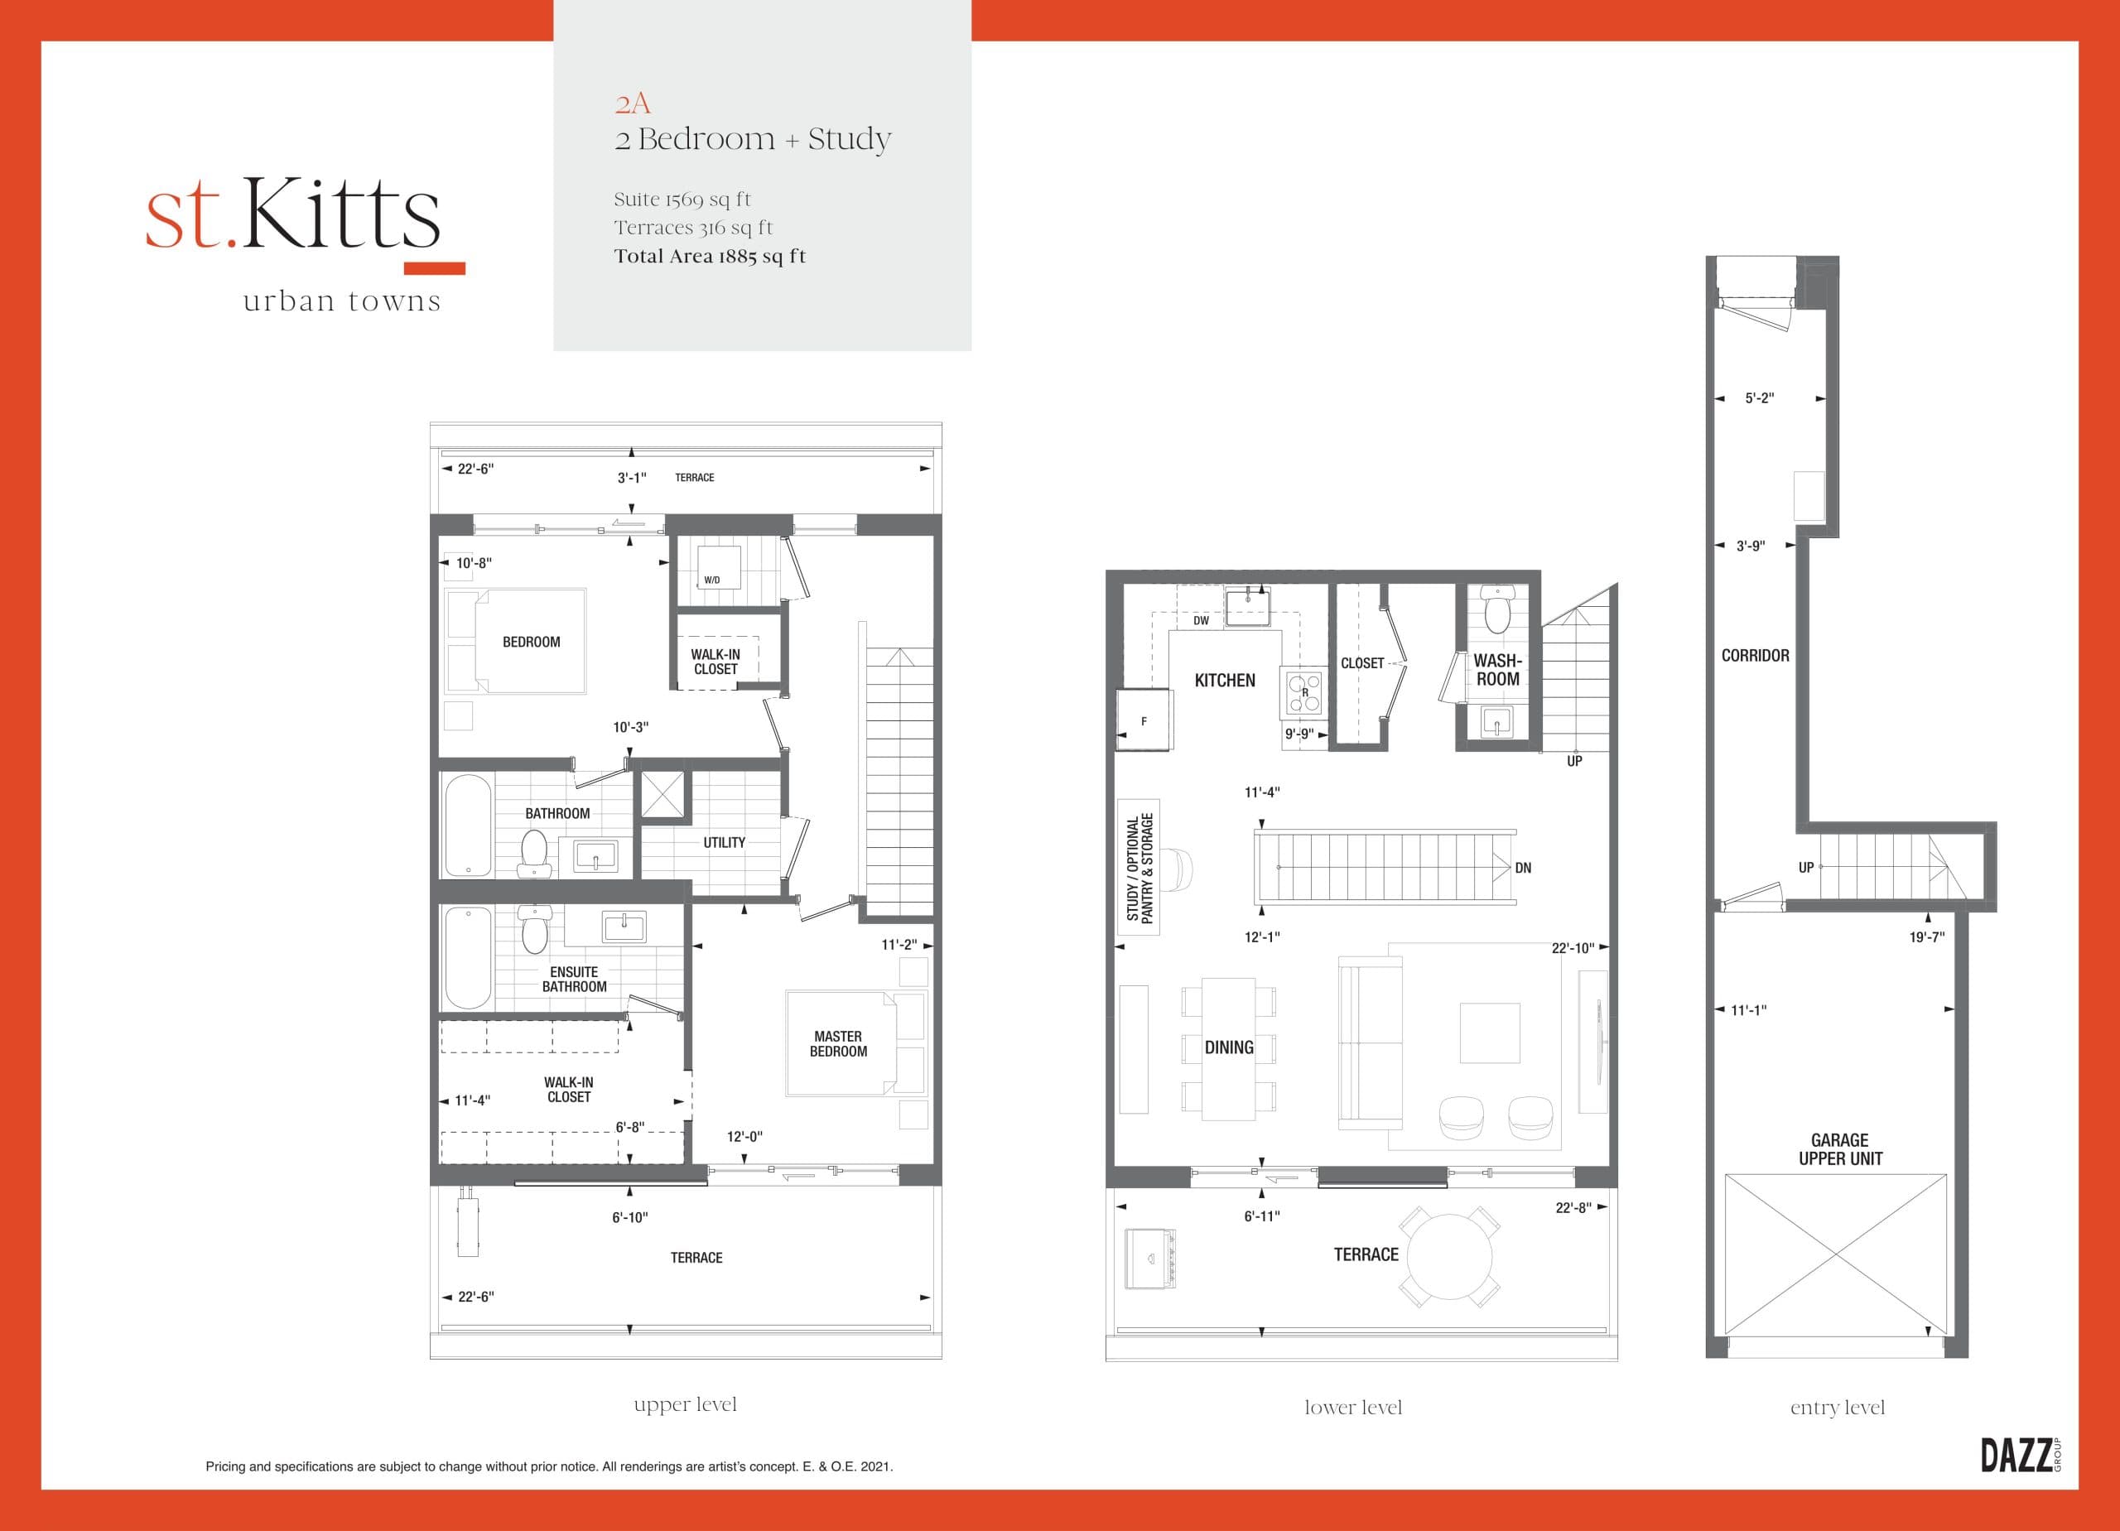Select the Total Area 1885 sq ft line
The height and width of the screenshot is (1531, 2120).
point(710,256)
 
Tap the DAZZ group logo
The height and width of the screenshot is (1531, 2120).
point(2019,1456)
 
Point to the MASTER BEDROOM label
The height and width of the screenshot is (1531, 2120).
point(837,1044)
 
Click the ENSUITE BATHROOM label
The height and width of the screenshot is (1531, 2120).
point(574,980)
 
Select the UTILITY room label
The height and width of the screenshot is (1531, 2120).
point(725,842)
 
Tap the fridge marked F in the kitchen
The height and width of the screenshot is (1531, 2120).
point(1143,720)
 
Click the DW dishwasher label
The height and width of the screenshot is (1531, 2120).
point(1201,621)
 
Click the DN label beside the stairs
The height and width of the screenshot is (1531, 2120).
point(1523,868)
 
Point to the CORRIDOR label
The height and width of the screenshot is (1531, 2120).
point(1756,655)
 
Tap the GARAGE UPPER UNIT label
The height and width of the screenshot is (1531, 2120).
point(1839,1148)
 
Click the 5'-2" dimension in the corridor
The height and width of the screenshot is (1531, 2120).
point(1759,398)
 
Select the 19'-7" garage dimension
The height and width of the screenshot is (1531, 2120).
point(1926,936)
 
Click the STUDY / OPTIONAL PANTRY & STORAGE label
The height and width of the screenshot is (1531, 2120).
point(1139,866)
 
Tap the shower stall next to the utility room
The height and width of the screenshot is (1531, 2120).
point(662,796)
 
